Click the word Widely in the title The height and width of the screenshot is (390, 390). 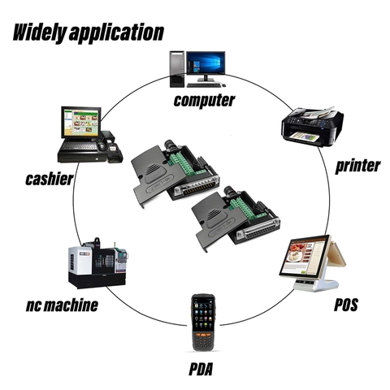(40, 32)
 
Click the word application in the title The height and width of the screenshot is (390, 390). (116, 33)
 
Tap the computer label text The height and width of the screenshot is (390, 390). (204, 100)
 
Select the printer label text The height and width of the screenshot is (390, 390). (357, 166)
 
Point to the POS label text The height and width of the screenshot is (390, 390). (346, 305)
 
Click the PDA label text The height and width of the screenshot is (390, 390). (201, 369)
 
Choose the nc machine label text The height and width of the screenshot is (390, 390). (62, 305)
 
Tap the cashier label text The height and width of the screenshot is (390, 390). (50, 179)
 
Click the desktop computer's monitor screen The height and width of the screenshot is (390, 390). (206, 63)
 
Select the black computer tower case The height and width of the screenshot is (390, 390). (177, 69)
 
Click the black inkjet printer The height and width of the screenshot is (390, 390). (312, 126)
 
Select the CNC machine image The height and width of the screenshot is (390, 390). (97, 263)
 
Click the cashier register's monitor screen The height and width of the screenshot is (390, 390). (81, 123)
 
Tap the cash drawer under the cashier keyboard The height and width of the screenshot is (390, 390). (82, 158)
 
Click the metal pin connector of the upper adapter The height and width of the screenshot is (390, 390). (196, 188)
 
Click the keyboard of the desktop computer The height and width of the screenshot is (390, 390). (204, 85)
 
